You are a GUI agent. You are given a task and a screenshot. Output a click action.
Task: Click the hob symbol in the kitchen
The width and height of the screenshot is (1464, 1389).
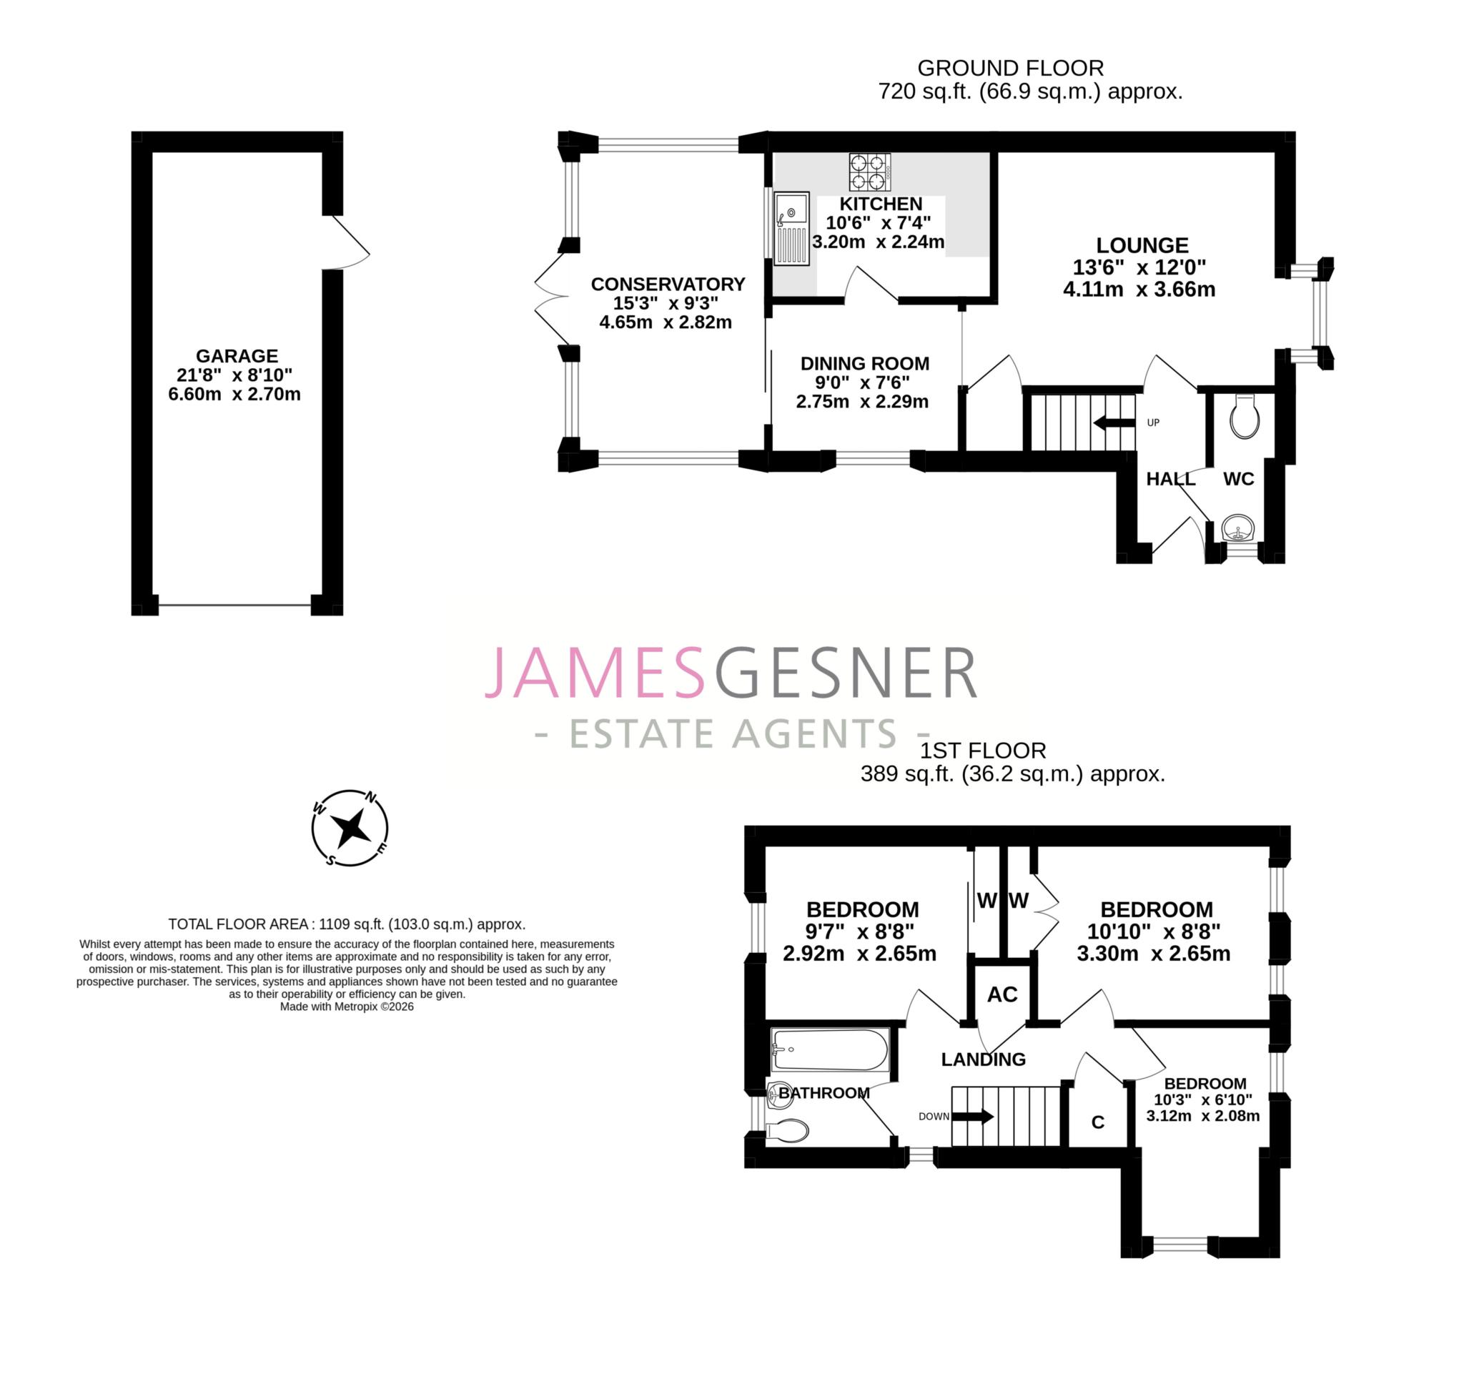coord(869,172)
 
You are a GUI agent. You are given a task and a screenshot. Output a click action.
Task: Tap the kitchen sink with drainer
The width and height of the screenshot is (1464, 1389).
coord(791,229)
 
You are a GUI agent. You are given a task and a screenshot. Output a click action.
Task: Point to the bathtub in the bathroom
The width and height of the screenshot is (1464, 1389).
coord(829,1049)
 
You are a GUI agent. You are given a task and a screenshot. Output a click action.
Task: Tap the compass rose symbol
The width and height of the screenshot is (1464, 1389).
coord(350,828)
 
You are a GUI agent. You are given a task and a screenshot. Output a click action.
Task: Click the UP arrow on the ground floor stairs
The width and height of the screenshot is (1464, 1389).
coord(1114,422)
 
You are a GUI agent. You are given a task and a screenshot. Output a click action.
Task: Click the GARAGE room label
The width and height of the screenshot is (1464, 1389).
coord(237,355)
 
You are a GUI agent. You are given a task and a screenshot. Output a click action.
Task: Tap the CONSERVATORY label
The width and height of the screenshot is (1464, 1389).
coord(667,285)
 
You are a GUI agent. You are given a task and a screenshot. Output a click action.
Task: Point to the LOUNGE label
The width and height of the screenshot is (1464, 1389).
coord(1142,245)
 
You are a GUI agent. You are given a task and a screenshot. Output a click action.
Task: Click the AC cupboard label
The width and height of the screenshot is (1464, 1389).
coord(1002,994)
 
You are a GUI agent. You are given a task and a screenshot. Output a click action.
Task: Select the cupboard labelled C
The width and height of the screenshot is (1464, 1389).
coord(1097,1122)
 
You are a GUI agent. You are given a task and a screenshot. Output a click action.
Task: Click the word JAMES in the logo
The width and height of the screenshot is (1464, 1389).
coord(595,673)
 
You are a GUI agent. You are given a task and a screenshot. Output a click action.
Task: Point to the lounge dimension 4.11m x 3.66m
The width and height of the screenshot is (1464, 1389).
coord(1139,290)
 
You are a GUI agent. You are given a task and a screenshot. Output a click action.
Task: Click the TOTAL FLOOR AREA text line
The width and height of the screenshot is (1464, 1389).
coord(347,924)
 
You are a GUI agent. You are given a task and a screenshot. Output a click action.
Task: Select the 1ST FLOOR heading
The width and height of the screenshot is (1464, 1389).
coord(982,751)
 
